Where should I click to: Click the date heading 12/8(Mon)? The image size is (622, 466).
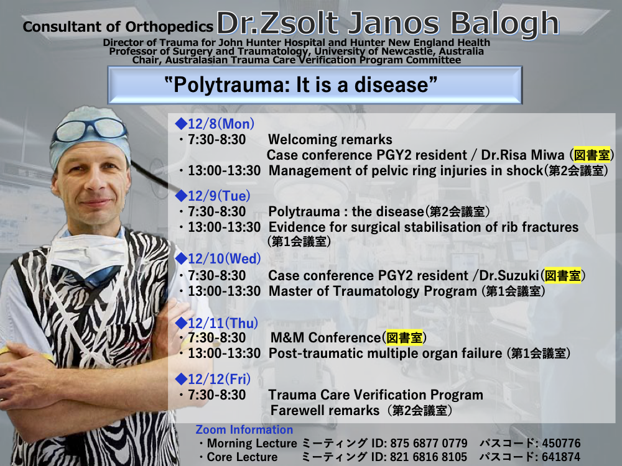221,124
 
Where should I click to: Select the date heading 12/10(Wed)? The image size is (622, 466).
224,258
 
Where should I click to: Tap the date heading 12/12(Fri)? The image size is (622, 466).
219,379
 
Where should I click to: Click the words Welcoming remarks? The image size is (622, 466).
330,139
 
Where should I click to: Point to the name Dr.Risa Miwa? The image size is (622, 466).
522,155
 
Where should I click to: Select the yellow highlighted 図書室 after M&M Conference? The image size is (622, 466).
404,337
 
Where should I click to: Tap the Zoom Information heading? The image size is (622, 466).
244,429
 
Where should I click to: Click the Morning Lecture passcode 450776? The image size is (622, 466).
561,443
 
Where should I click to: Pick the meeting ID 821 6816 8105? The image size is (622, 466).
429,457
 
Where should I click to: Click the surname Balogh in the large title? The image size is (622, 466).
504,24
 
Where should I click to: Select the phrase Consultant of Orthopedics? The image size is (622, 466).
118,27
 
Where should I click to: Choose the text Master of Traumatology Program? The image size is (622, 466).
373,291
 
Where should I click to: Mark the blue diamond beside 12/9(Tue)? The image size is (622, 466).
181,195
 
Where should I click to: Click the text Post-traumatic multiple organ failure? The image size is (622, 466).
385,354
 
